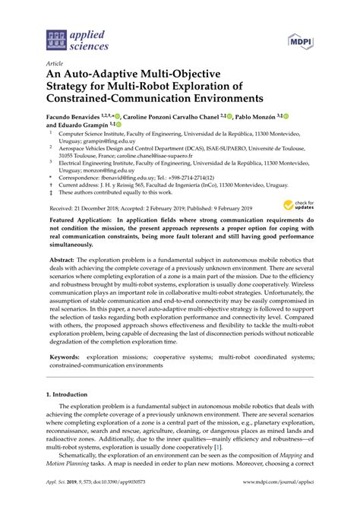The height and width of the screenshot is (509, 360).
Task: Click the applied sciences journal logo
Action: click(x=76, y=40)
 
